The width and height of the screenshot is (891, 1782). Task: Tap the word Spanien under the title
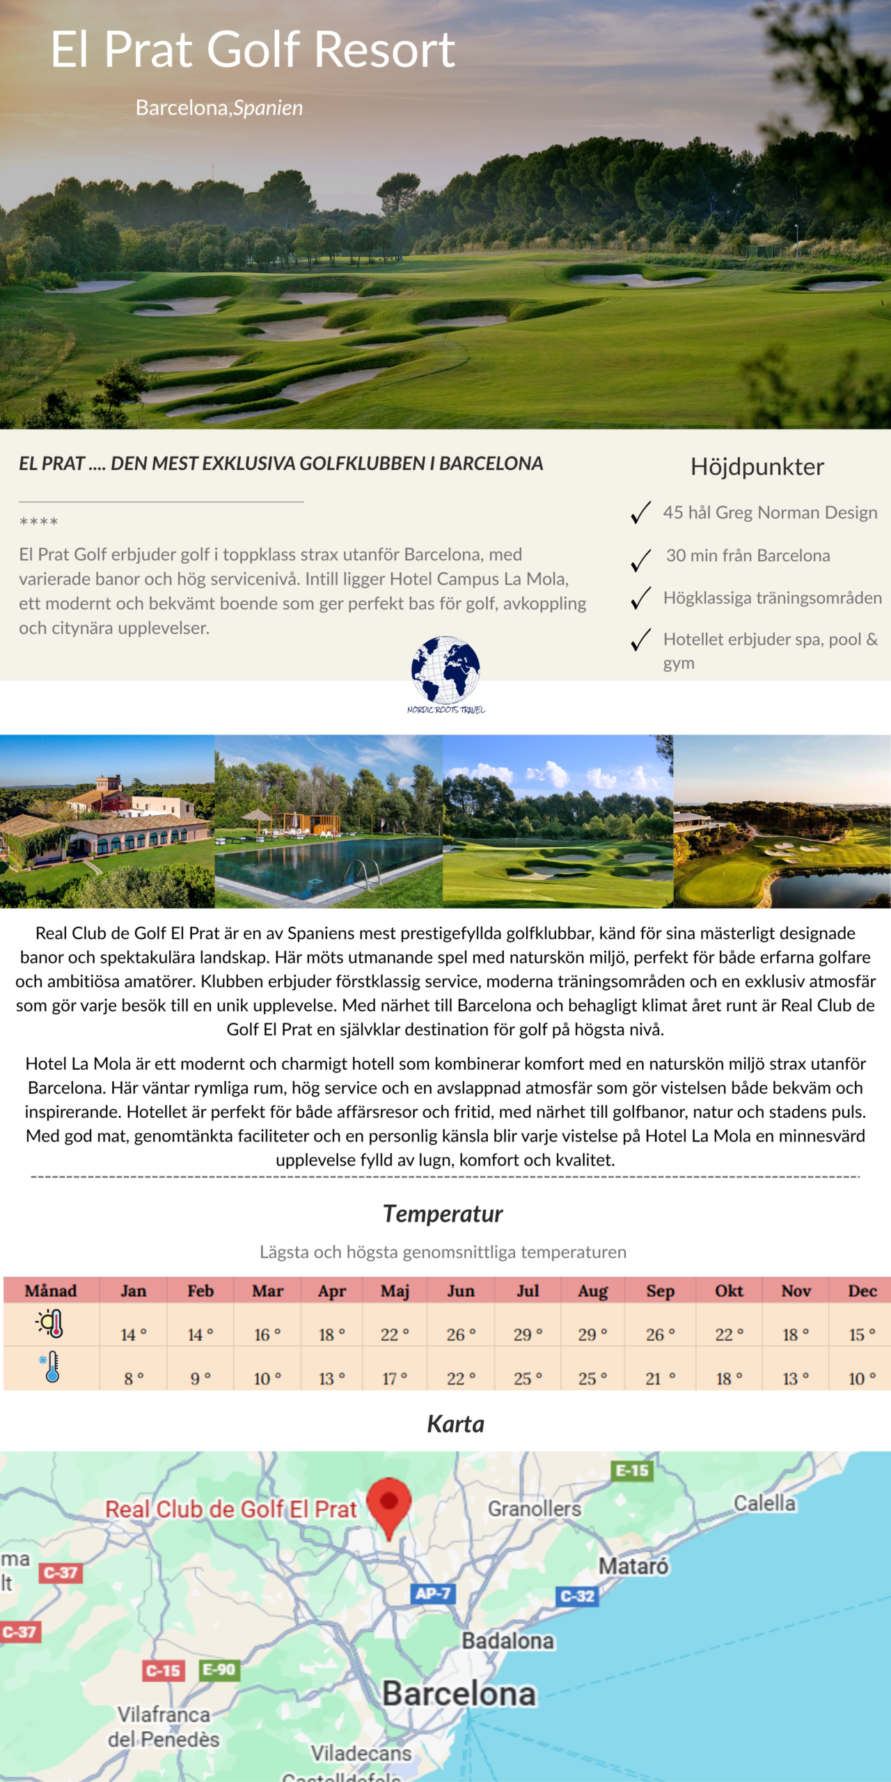268,108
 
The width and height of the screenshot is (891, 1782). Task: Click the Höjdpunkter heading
757,466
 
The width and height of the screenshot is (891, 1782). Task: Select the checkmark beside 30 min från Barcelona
640,559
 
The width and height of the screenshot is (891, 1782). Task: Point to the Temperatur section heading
443,1213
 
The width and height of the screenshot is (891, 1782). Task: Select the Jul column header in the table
528,1291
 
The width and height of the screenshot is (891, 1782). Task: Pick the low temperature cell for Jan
134,1378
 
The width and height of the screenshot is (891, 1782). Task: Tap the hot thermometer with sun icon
51,1323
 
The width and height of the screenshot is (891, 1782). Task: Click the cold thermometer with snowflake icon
51,1366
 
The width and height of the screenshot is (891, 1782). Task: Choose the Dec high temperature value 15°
862,1334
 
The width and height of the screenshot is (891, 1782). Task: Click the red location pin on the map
389,1505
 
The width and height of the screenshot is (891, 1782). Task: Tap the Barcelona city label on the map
459,1694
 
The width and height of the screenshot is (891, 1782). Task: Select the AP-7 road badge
432,1593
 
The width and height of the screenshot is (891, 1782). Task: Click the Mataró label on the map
633,1566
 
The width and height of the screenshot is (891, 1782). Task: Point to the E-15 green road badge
632,1471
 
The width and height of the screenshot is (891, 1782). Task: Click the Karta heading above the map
455,1424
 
